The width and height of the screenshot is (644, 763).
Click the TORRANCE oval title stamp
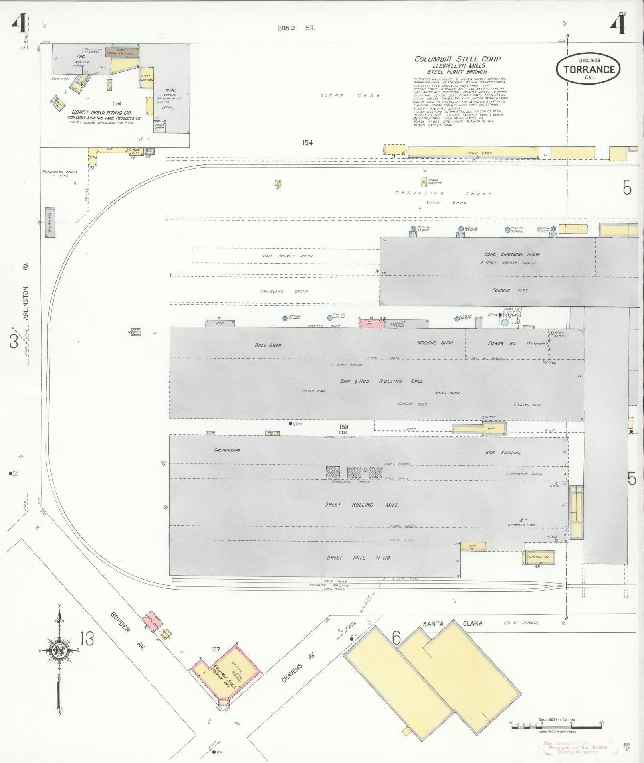pos(589,69)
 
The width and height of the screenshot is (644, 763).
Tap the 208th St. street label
pos(296,28)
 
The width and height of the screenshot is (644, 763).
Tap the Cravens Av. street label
pos(299,667)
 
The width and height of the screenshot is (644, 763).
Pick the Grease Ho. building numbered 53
pos(539,557)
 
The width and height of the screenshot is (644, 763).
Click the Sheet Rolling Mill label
pos(361,505)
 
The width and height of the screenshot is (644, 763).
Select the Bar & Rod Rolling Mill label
pos(381,381)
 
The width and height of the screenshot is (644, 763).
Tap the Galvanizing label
pos(227,450)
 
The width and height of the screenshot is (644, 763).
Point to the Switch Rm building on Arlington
pos(50,223)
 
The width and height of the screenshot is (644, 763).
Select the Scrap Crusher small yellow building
pos(424,182)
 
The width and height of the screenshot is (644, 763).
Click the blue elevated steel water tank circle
pos(505,322)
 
